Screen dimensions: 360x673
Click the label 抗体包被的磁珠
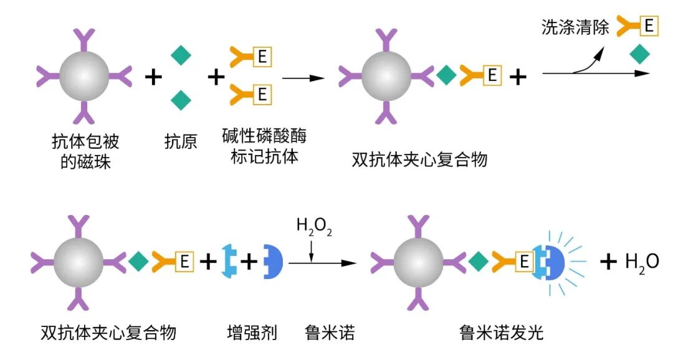85,151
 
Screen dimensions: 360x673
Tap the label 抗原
181,142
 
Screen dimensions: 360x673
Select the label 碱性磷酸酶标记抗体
264,145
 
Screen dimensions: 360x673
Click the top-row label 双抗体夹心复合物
419,159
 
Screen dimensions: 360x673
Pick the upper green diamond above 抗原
181,55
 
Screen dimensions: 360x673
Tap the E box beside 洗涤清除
649,26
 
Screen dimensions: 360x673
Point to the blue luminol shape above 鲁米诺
274,262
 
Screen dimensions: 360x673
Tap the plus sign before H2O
608,262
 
